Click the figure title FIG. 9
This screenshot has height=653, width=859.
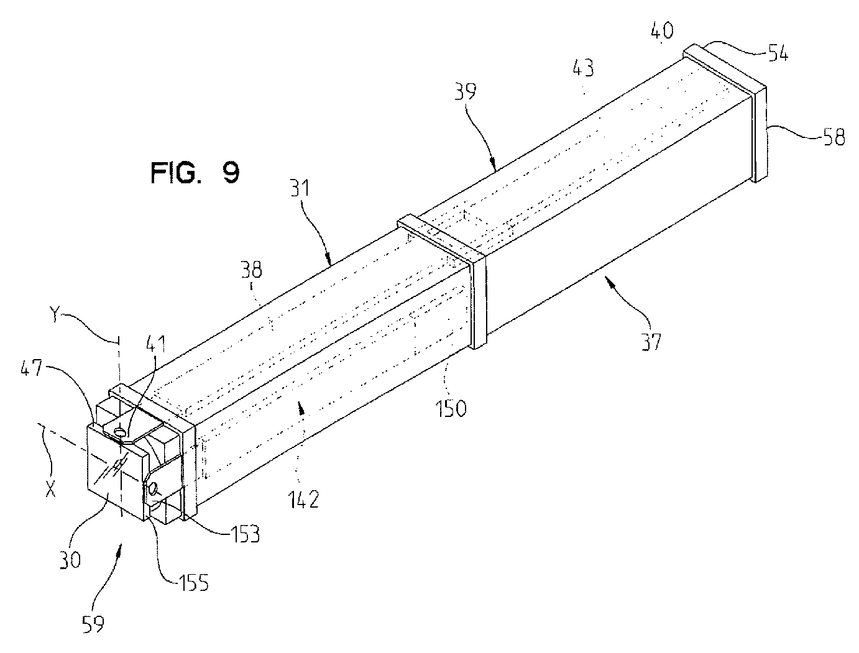(195, 172)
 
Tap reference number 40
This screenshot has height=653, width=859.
(661, 30)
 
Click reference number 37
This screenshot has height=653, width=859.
(651, 340)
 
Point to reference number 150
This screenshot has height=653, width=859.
(451, 409)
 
